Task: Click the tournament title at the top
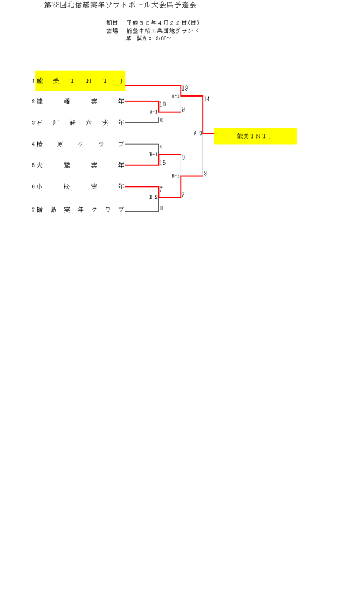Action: click(x=121, y=5)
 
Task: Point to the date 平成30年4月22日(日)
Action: click(x=158, y=23)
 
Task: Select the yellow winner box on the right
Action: click(x=255, y=136)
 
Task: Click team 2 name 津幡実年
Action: click(x=80, y=102)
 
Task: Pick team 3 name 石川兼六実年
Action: click(x=80, y=123)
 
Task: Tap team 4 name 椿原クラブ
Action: click(x=80, y=144)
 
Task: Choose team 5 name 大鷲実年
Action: click(x=80, y=165)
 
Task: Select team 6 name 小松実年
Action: click(x=80, y=186)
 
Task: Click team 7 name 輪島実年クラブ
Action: click(x=80, y=210)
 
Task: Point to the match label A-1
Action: click(x=153, y=112)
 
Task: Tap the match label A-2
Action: click(x=176, y=96)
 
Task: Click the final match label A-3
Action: click(x=197, y=133)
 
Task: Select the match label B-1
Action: click(x=153, y=155)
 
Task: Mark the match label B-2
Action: click(x=153, y=197)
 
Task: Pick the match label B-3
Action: click(x=176, y=176)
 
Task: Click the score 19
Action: click(x=185, y=88)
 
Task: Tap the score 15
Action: click(x=163, y=162)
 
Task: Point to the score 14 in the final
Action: click(x=207, y=99)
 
